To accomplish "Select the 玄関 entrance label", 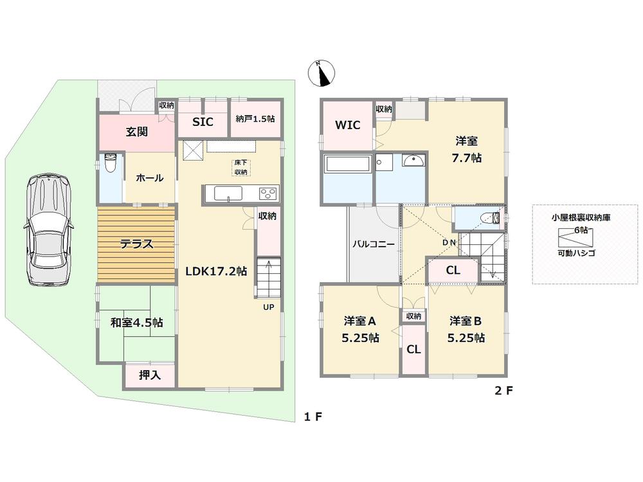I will [136, 132].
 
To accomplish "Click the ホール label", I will [149, 178].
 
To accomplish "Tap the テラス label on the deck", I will [136, 244].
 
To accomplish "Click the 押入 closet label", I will [149, 375].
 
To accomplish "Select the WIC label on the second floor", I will [348, 125].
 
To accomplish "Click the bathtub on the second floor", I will [348, 164].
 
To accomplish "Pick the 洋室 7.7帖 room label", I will [467, 149].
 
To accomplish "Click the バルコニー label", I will [373, 244].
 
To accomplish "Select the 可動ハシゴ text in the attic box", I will [576, 253].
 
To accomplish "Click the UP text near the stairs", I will [268, 307].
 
